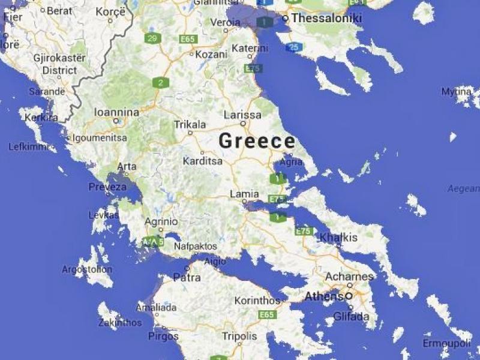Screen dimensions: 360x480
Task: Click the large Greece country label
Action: (x=257, y=142)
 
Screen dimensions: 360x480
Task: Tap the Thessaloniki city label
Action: (x=326, y=19)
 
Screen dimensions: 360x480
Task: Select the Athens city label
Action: (x=325, y=296)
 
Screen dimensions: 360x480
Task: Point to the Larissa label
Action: (x=242, y=115)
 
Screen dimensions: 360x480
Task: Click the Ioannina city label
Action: (x=116, y=112)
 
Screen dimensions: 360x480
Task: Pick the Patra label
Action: (x=187, y=278)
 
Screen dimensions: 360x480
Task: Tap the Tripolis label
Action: (x=239, y=336)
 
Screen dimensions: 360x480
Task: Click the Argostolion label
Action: (x=86, y=269)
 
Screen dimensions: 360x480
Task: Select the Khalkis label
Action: (x=338, y=238)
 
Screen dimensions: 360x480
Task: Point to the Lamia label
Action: (x=245, y=194)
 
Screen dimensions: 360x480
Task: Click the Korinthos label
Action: (x=257, y=300)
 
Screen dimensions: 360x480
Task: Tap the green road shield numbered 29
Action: (x=152, y=38)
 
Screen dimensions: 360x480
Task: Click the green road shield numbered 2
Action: (x=160, y=83)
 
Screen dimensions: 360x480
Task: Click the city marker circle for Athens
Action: (x=349, y=296)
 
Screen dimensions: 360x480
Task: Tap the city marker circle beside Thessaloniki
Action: (x=286, y=19)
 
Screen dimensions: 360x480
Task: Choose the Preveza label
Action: (x=107, y=187)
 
